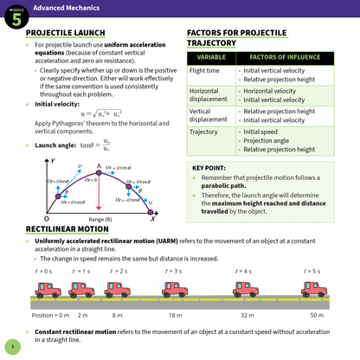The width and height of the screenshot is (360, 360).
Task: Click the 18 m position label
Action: (x=175, y=314)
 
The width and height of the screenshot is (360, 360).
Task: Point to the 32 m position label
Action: (x=246, y=314)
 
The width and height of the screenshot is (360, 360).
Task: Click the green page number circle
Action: (x=12, y=347)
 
